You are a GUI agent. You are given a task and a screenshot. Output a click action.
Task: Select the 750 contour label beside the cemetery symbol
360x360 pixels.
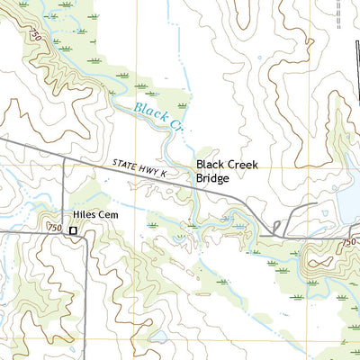(54, 229)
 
